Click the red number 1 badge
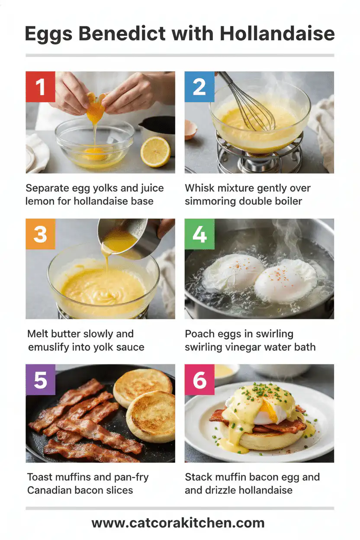[x=40, y=86]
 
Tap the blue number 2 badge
[x=199, y=86]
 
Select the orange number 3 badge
[x=40, y=234]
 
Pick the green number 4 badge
[x=199, y=234]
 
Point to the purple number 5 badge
[x=40, y=379]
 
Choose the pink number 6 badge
[x=199, y=379]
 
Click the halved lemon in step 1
[x=155, y=151]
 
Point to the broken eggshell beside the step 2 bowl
[x=190, y=129]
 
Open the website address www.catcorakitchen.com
[x=178, y=522]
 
